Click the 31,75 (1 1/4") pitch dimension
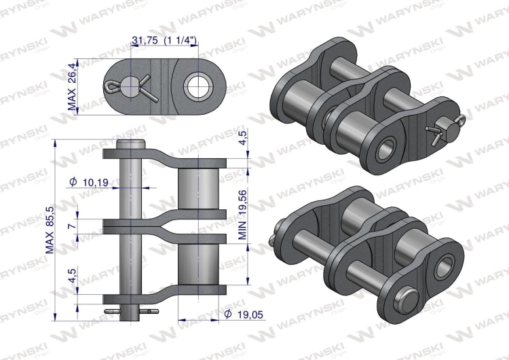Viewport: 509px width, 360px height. [x=164, y=41]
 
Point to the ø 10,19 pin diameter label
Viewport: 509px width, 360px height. [x=93, y=182]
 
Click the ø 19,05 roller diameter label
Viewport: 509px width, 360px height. [x=235, y=314]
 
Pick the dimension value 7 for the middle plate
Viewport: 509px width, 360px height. [x=72, y=225]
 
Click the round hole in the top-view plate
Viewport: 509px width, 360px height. [x=199, y=85]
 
